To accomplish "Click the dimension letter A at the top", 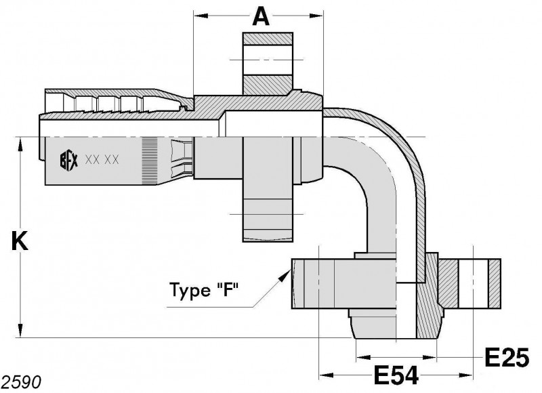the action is coord(261,17).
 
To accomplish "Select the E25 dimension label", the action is coord(507,357).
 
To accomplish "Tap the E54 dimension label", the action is coord(396,375).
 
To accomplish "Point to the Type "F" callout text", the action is coord(205,289).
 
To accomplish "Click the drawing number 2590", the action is coord(22,382).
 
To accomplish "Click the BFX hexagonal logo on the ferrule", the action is coord(69,160).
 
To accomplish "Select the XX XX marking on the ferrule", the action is coord(102,160).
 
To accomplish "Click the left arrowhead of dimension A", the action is coord(201,16).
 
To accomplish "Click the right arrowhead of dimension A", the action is coord(316,16).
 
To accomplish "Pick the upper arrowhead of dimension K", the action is coord(21,144).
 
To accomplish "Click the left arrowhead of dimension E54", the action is coord(326,375).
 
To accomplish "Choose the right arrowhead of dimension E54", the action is coord(465,375).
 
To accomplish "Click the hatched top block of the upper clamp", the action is coord(268,39).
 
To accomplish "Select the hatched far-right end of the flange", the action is coord(495,283).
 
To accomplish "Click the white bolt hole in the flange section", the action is coord(473,283).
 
